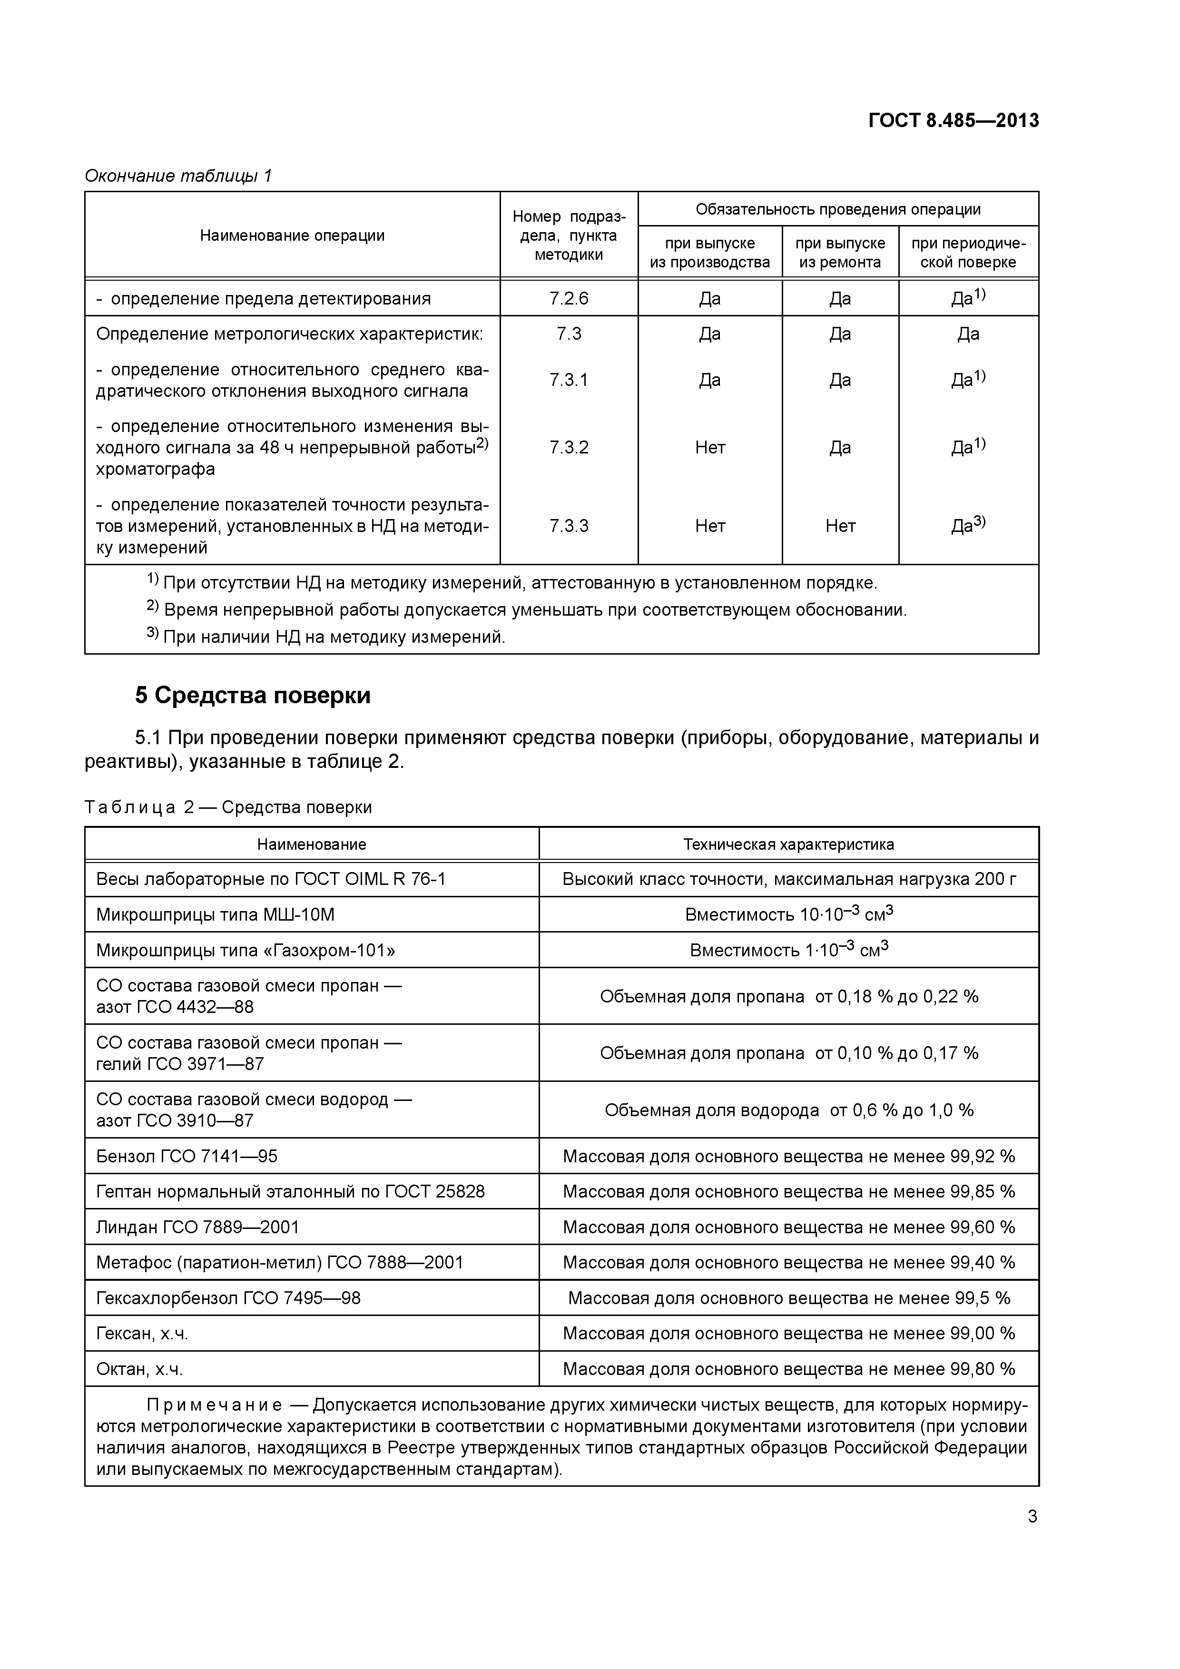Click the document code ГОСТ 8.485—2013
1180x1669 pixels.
(x=953, y=121)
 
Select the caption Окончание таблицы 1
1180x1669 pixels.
(x=178, y=176)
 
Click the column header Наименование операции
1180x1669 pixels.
(x=292, y=236)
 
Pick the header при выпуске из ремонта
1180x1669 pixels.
(x=840, y=252)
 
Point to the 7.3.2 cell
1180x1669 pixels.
(x=569, y=447)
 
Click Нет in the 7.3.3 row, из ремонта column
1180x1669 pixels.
(x=840, y=526)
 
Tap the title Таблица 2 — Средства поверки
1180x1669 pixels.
(x=228, y=807)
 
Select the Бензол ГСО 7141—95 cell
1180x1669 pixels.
(x=187, y=1156)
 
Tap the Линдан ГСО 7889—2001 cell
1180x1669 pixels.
(x=198, y=1227)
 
